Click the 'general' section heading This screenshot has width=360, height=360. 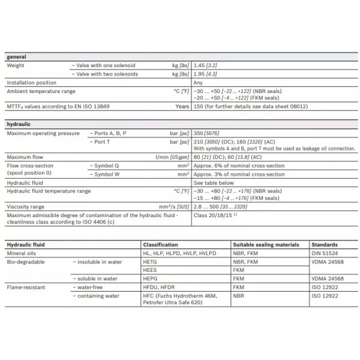[x=16, y=57]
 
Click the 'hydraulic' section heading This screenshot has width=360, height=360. [x=19, y=125]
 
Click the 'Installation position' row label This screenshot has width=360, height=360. [x=31, y=82]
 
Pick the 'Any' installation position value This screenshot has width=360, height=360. [x=198, y=82]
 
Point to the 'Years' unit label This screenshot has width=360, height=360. [x=181, y=106]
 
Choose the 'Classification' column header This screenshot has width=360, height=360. [x=160, y=245]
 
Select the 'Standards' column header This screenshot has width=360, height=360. [x=325, y=245]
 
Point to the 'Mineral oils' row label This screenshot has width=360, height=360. [x=22, y=253]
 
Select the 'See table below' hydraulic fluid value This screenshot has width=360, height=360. [x=214, y=182]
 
